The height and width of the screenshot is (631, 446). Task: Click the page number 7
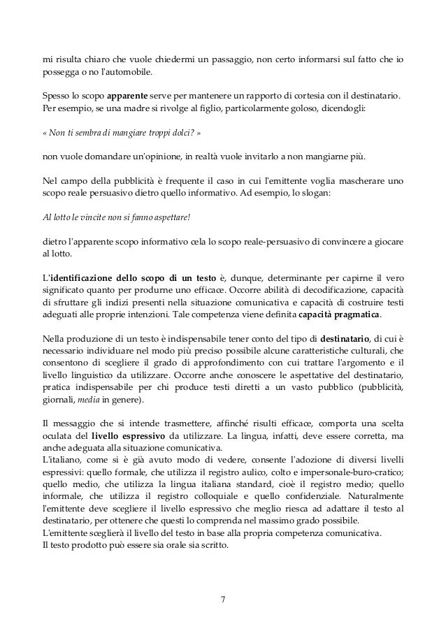222,599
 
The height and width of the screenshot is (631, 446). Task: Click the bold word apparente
124,96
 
